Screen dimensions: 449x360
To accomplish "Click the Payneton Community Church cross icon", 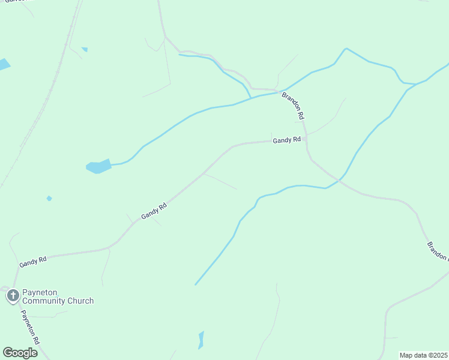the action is [x=13, y=296].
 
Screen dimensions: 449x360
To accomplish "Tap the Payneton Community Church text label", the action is [x=58, y=296].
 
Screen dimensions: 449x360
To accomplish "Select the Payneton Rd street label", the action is [x=30, y=327].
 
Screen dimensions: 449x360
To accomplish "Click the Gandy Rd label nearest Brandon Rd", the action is [x=286, y=140].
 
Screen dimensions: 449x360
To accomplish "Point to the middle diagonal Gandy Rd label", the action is [x=154, y=211].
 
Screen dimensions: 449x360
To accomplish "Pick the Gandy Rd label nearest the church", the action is [x=33, y=262].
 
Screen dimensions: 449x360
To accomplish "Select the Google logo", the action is [x=20, y=352].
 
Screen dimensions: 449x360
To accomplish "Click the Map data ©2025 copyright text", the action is [x=423, y=355].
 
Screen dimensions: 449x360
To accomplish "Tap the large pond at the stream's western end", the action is [x=99, y=166].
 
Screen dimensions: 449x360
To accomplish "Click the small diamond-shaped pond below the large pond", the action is [x=49, y=198].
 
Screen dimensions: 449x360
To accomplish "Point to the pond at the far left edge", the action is [x=4, y=64].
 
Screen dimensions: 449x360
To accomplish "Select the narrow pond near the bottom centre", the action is [x=201, y=340].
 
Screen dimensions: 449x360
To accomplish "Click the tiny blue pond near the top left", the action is [x=85, y=49].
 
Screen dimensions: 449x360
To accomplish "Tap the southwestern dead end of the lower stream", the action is [x=196, y=284].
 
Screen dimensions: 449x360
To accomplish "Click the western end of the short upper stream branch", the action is [x=179, y=55].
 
